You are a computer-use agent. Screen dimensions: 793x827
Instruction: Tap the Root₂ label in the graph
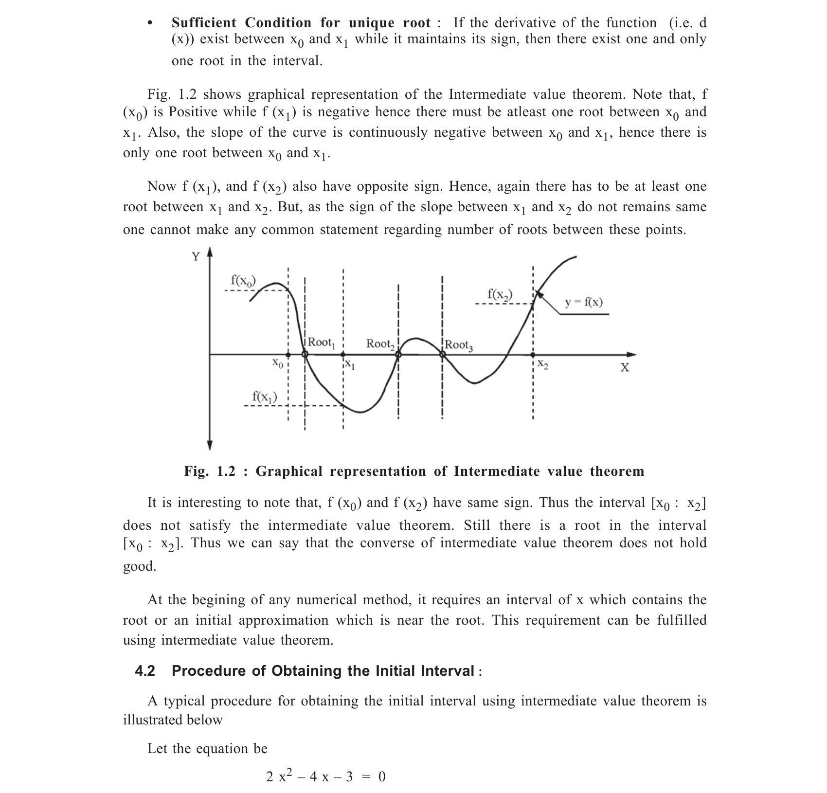tap(380, 344)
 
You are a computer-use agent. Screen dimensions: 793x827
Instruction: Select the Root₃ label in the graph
tap(458, 345)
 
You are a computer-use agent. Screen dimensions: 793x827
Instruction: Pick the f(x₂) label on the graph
tap(500, 294)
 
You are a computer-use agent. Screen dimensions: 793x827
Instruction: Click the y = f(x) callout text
tap(583, 302)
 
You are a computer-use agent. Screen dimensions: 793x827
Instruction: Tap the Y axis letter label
tap(196, 257)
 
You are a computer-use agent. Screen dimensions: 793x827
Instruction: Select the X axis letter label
tap(625, 368)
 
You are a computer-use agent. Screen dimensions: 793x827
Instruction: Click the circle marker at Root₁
tap(305, 355)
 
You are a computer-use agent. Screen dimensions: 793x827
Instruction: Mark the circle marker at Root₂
tap(398, 355)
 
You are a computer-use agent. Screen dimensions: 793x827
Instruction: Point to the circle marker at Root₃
tap(443, 355)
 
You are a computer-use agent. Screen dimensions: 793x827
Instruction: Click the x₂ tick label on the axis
tap(543, 365)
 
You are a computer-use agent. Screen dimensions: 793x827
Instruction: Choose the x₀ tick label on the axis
tap(277, 363)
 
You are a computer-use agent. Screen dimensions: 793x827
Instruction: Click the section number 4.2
tap(145, 671)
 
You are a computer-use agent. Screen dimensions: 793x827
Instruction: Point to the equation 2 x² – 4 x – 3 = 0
tap(325, 776)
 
